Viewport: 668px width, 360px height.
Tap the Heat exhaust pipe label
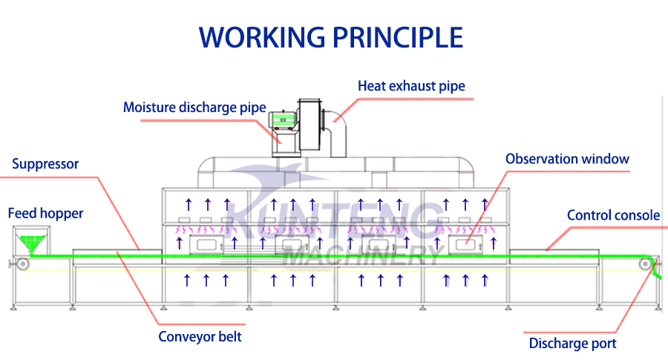[x=411, y=86]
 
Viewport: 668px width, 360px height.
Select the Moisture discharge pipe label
[x=194, y=108]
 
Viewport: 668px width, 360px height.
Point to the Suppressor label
[x=45, y=164]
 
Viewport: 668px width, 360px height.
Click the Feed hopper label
[x=45, y=214]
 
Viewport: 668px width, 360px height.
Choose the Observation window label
[x=567, y=159]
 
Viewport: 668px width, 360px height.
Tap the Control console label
[x=613, y=215]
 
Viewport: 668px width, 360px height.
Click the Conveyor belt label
[x=200, y=336]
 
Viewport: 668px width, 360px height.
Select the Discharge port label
[x=572, y=343]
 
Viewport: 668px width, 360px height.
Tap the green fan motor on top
[x=281, y=120]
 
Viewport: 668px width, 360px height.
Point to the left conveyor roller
[x=24, y=263]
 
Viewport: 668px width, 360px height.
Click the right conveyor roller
[x=646, y=263]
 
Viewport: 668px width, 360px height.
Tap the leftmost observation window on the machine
[x=201, y=244]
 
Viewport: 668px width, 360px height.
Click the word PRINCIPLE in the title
[x=399, y=36]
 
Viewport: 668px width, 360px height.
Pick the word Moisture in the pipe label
[x=148, y=108]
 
